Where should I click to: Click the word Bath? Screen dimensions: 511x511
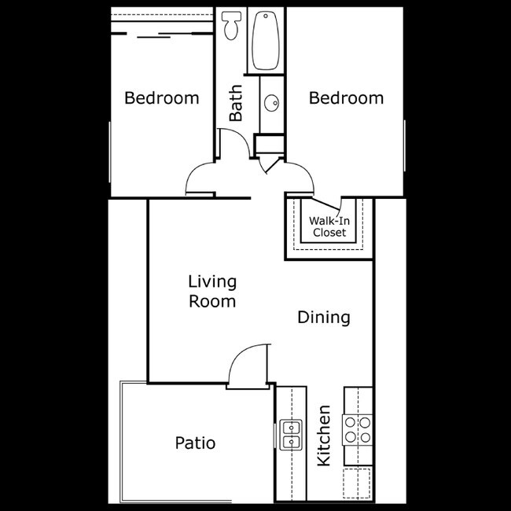(236, 104)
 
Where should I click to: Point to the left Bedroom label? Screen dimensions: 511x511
(162, 98)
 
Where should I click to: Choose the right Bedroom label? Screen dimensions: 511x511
(346, 98)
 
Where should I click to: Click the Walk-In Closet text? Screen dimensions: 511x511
(329, 226)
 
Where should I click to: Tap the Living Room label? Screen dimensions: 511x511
(212, 291)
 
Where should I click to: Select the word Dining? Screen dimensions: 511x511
(323, 318)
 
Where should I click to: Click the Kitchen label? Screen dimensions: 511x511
(323, 436)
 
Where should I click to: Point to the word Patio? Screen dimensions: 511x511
(195, 443)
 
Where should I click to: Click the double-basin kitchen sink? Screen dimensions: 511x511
(291, 434)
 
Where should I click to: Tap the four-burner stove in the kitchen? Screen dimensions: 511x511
(357, 431)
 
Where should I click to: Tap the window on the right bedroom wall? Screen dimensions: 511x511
(405, 149)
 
